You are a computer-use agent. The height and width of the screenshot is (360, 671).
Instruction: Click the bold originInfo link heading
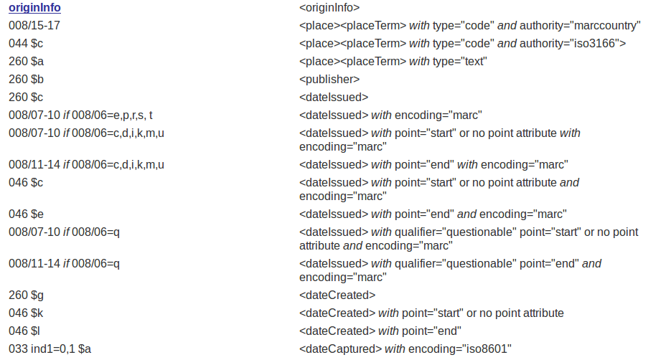tap(34, 8)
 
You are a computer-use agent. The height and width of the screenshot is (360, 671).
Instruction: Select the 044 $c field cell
tap(26, 44)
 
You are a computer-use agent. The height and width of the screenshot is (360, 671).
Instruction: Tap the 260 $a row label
tap(27, 62)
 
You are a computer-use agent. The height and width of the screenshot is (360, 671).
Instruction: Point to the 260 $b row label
tap(27, 79)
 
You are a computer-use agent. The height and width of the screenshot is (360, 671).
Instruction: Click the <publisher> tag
tap(329, 79)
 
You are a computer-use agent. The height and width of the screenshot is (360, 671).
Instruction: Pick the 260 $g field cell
tap(27, 295)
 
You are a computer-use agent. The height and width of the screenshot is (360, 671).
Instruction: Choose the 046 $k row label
tap(26, 313)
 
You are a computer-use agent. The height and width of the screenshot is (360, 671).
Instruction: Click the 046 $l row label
tap(24, 331)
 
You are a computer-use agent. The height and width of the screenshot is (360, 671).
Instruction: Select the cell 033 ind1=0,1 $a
tap(50, 349)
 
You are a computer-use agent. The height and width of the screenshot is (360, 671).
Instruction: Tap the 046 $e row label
tap(27, 214)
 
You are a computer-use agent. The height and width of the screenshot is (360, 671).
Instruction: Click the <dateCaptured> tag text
tap(340, 349)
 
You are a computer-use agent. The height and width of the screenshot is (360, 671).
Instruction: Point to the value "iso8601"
tap(488, 349)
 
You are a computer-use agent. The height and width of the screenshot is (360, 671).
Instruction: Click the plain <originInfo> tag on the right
tap(329, 8)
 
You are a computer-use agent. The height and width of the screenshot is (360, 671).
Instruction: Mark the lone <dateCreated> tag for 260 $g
tap(337, 295)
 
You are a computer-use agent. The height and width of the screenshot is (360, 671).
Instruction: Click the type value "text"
tap(474, 62)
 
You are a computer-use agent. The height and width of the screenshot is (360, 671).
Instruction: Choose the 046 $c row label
tap(26, 183)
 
